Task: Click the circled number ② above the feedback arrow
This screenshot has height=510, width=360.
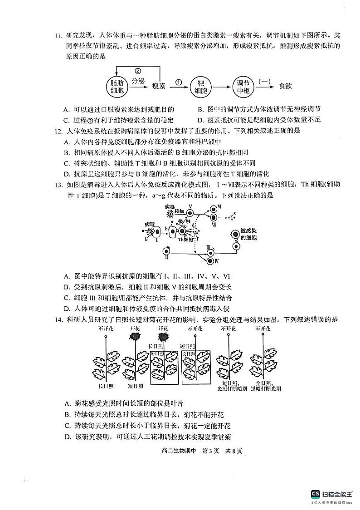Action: point(138,70)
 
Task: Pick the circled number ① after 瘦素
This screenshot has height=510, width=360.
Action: point(178,83)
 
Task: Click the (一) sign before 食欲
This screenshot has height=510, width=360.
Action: point(264,81)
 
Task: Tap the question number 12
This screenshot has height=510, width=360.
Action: point(58,131)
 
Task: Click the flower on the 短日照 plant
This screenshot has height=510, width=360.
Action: point(135,336)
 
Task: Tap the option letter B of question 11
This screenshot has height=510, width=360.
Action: point(201,109)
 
